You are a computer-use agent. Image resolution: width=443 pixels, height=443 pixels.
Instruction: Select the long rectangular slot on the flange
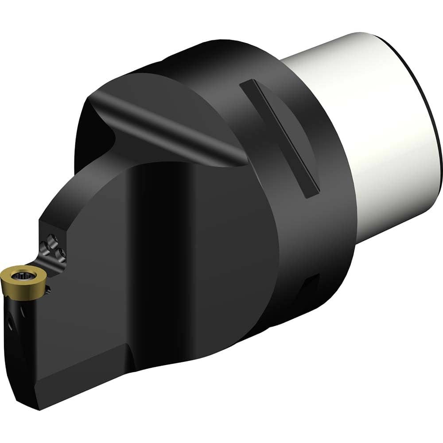click(279, 137)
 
